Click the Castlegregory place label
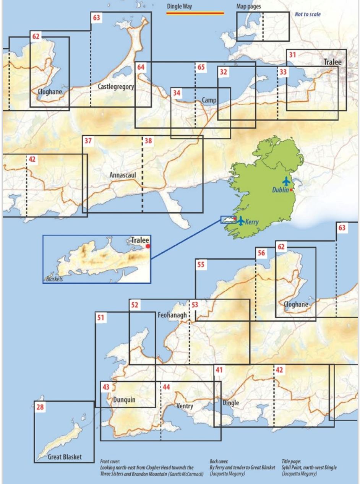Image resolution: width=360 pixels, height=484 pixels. pyautogui.click(x=116, y=87)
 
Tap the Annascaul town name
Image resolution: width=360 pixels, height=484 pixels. pyautogui.click(x=123, y=175)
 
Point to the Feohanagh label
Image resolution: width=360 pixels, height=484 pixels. pyautogui.click(x=172, y=315)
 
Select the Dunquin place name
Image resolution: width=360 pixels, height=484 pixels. pyautogui.click(x=125, y=400)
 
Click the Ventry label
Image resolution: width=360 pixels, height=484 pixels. pyautogui.click(x=185, y=406)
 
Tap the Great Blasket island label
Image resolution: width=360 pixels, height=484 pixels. pyautogui.click(x=65, y=457)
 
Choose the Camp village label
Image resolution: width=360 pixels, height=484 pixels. pyautogui.click(x=209, y=100)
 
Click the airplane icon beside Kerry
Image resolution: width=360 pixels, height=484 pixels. pyautogui.click(x=241, y=221)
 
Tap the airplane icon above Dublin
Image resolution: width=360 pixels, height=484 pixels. pyautogui.click(x=286, y=181)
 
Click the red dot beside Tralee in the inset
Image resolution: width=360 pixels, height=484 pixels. pyautogui.click(x=148, y=247)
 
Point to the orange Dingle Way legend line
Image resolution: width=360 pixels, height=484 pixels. pyautogui.click(x=195, y=13)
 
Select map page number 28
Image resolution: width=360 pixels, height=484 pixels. pyautogui.click(x=40, y=407)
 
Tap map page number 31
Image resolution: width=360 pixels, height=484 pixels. pyautogui.click(x=292, y=55)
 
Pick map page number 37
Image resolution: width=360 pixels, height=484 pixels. pyautogui.click(x=88, y=141)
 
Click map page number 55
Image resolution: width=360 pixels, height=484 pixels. pyautogui.click(x=201, y=265)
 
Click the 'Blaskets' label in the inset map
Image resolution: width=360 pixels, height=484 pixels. pyautogui.click(x=54, y=279)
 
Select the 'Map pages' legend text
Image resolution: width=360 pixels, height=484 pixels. pyautogui.click(x=248, y=6)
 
